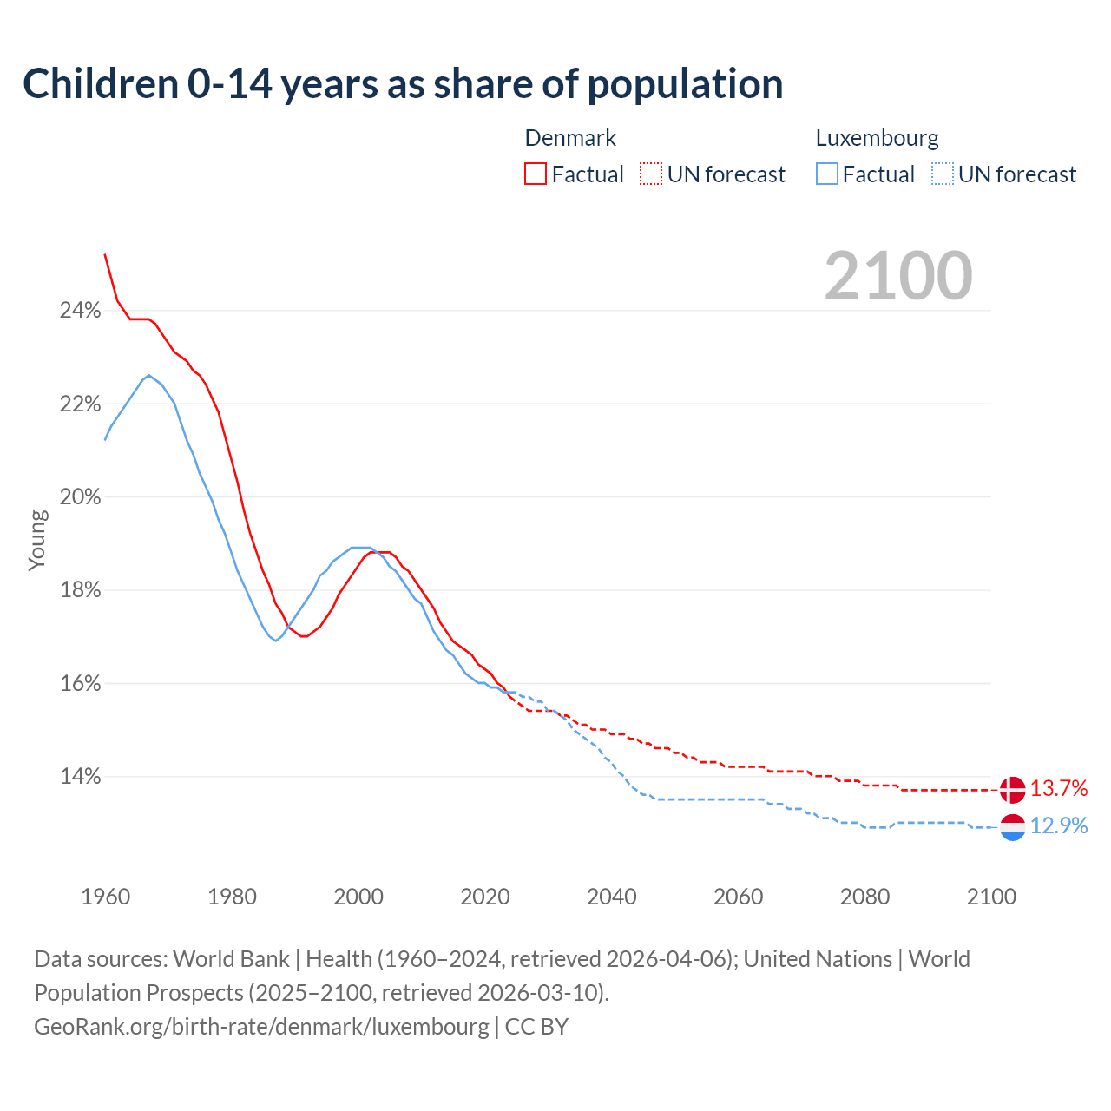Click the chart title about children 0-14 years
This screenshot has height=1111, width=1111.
click(x=403, y=84)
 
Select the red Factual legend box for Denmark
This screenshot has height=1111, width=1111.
click(x=536, y=174)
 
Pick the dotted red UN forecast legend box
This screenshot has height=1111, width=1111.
click(x=651, y=174)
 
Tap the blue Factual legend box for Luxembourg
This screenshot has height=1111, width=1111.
click(x=827, y=174)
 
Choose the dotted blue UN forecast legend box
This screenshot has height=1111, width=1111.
click(x=943, y=174)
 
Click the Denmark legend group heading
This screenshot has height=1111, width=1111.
click(x=570, y=138)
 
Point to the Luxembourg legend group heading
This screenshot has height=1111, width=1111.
click(x=877, y=138)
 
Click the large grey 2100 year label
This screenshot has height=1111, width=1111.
click(x=898, y=276)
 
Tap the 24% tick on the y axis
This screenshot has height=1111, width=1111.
click(x=80, y=311)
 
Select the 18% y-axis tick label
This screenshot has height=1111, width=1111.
click(x=80, y=590)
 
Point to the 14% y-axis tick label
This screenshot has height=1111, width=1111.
click(x=80, y=777)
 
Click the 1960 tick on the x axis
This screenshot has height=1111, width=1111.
click(x=105, y=897)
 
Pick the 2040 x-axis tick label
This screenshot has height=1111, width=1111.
click(x=612, y=897)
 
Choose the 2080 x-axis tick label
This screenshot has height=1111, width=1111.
click(x=864, y=897)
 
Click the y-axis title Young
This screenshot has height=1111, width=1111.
click(x=37, y=540)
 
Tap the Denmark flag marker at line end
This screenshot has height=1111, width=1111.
click(x=1012, y=790)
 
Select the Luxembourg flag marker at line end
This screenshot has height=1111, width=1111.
click(x=1012, y=827)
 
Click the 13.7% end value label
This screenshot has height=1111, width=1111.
click(x=1059, y=789)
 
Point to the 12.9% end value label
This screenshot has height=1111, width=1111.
click(x=1059, y=826)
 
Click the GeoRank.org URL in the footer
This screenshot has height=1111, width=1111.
click(x=261, y=1027)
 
